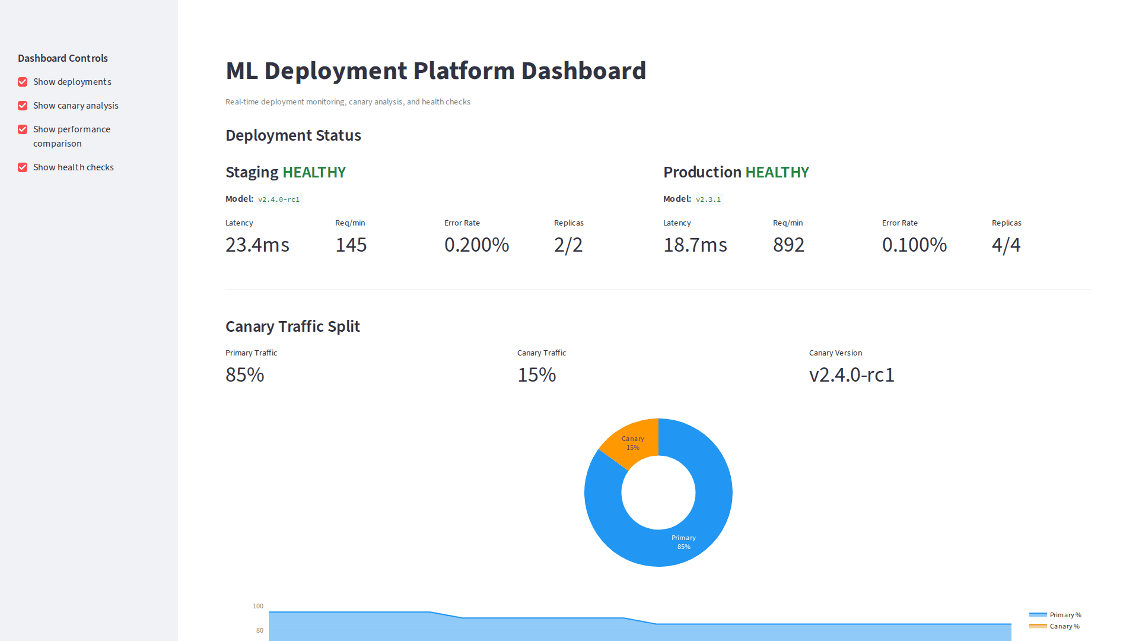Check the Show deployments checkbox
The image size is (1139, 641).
tap(23, 82)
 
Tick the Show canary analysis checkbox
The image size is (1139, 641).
tap(23, 106)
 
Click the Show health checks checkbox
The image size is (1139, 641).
tap(23, 167)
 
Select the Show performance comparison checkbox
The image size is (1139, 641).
tap(23, 129)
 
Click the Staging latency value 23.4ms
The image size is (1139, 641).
tap(257, 245)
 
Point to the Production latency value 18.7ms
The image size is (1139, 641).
tap(695, 245)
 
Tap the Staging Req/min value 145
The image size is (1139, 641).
tap(351, 245)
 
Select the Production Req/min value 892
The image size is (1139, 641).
tap(788, 245)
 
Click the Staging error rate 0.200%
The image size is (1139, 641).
tap(476, 245)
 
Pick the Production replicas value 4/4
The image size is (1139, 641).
tap(1006, 245)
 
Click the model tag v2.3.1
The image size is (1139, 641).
tap(708, 199)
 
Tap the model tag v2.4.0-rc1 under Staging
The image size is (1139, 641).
tap(278, 199)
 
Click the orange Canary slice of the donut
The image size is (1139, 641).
tap(632, 443)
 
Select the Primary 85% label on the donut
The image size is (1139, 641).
tap(683, 542)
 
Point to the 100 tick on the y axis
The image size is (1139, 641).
tap(257, 606)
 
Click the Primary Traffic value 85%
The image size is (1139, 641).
tap(244, 375)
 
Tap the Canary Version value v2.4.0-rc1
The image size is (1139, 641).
tap(851, 375)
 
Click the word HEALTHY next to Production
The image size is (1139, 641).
tap(777, 172)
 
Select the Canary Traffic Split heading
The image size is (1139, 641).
tap(292, 326)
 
